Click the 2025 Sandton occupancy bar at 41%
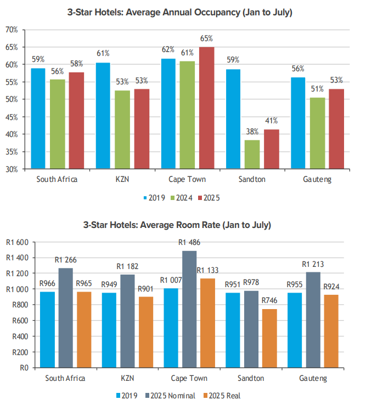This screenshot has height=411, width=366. tap(271, 149)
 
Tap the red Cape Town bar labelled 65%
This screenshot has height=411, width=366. tap(206, 108)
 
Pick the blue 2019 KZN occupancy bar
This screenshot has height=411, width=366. tap(103, 116)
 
